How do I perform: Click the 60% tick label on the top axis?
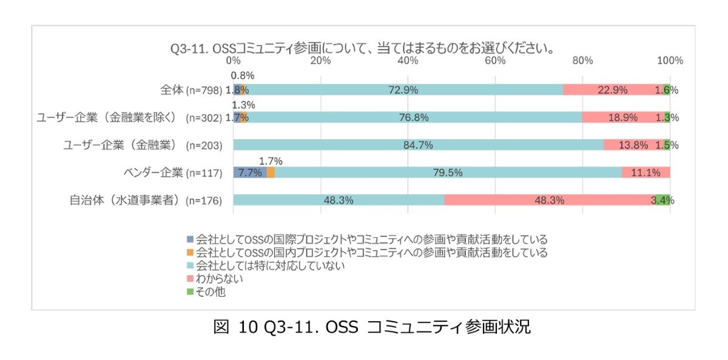coord(496,61)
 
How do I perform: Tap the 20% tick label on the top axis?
coord(320,61)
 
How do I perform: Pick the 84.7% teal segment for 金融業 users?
coord(418,145)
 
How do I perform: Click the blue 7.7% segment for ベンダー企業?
coord(249,172)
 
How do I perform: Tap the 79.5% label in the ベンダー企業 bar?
coord(448,172)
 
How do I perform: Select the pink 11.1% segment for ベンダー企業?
coord(645,172)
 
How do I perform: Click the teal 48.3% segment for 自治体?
coord(339,200)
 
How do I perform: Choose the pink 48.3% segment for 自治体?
coord(550,200)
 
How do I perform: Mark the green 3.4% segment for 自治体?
coord(662,200)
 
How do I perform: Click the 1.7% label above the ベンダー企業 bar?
coord(271,161)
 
